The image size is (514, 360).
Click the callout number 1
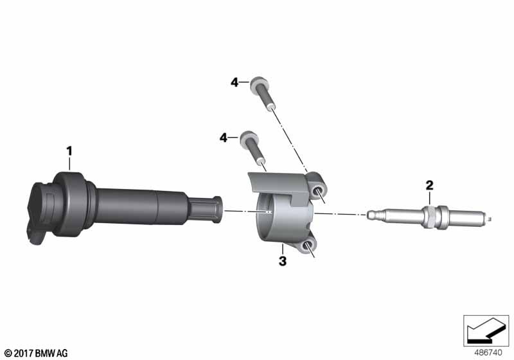[69, 151]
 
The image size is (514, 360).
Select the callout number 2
[429, 186]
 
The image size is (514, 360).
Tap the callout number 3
[282, 261]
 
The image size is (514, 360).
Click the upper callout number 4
[235, 82]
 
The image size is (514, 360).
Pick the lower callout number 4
[223, 138]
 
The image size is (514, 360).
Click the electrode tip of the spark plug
[490, 217]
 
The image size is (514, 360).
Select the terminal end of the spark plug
[371, 215]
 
